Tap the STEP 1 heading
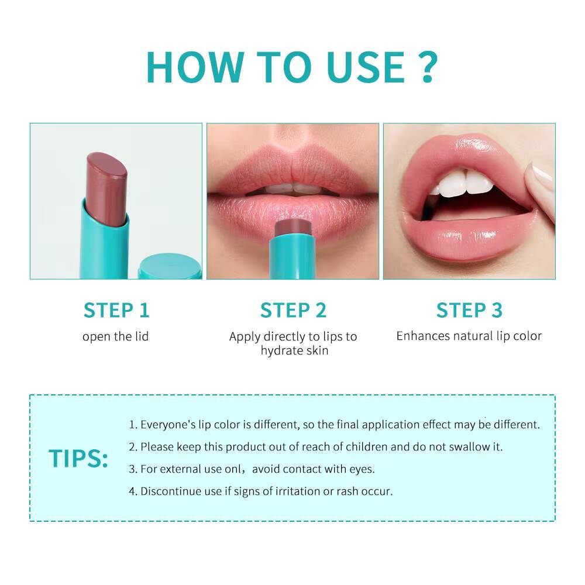(116, 310)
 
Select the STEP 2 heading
(293, 310)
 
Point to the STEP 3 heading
(469, 310)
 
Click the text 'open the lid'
(115, 336)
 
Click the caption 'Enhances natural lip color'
(469, 336)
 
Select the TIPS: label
(78, 459)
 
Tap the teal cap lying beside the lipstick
(170, 266)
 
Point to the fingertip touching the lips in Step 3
(541, 181)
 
